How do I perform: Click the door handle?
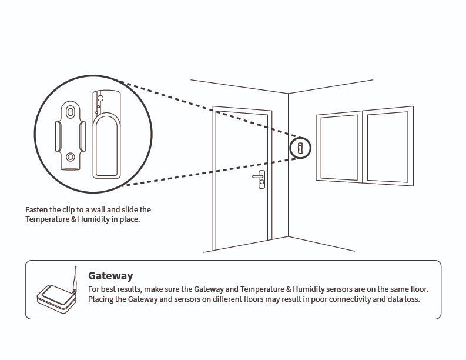pyautogui.click(x=259, y=176)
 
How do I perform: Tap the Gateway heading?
pyautogui.click(x=110, y=275)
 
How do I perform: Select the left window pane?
pyautogui.click(x=338, y=147)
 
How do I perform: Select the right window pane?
pyautogui.click(x=387, y=145)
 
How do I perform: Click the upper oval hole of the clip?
pyautogui.click(x=70, y=111)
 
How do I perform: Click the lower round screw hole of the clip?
pyautogui.click(x=70, y=157)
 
